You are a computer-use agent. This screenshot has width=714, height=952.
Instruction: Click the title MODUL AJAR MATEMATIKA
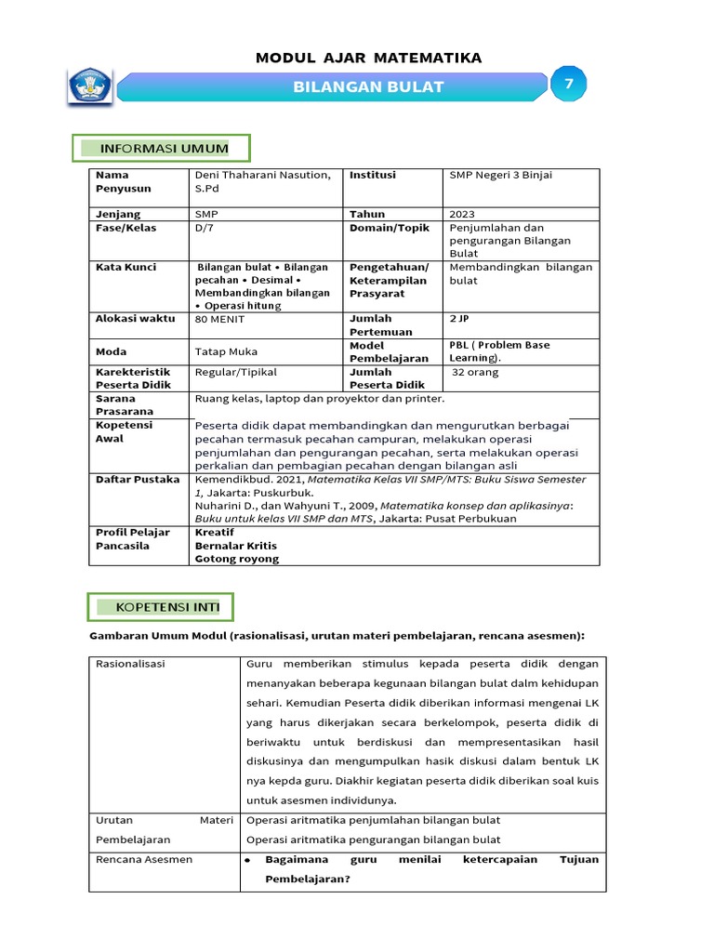pos(368,58)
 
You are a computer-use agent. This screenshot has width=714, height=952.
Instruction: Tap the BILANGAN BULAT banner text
pos(368,87)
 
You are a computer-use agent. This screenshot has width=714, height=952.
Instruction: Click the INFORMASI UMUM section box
pos(162,149)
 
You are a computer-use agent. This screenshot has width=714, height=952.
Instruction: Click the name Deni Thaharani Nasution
pos(261,175)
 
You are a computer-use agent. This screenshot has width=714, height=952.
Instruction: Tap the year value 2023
pos(463,214)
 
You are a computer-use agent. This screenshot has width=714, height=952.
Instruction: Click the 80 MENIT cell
pos(220,319)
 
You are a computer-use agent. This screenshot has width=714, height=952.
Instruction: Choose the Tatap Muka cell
pos(226,351)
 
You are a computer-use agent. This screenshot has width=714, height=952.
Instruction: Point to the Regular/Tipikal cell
pos(235,372)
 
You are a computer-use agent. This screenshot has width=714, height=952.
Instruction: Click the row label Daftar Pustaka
pos(138,480)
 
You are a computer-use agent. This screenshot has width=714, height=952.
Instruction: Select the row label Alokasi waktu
pos(135,319)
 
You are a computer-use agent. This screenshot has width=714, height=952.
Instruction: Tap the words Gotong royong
pos(236,559)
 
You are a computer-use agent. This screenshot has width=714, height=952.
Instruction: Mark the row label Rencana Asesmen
pos(144,860)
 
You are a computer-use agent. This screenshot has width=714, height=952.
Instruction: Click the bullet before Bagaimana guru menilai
pos(249,861)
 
